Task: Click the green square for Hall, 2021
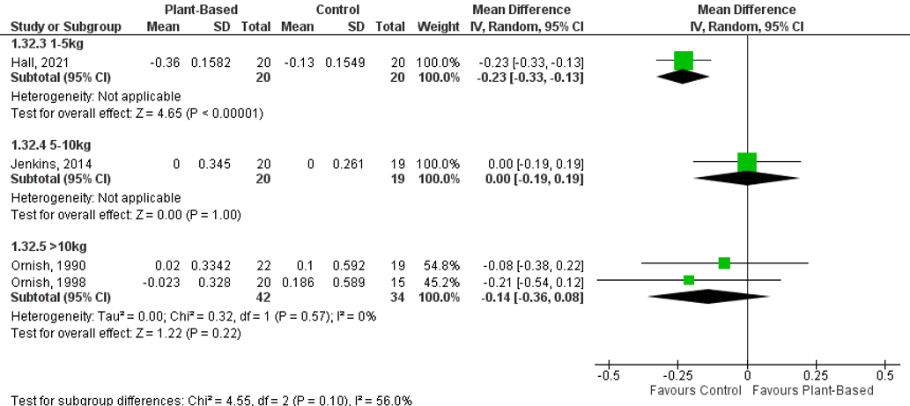pos(683,61)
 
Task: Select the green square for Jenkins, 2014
pos(747,162)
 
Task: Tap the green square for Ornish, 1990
pos(724,263)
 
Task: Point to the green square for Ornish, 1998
pos(689,280)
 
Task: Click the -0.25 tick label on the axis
pos(677,376)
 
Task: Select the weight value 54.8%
pos(441,265)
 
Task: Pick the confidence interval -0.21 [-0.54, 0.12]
pos(529,282)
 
